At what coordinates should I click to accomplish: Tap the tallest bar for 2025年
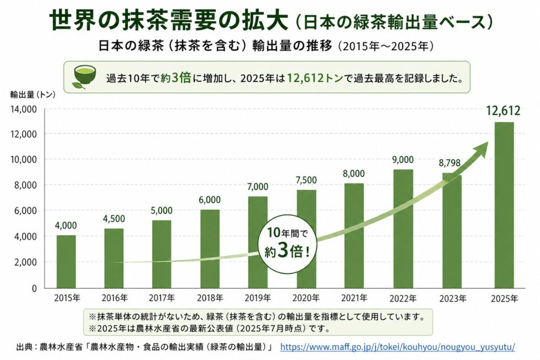(504, 205)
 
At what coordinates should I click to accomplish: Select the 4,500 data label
(114, 219)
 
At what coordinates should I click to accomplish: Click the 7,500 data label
(306, 179)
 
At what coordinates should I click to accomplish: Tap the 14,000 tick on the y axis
(23, 108)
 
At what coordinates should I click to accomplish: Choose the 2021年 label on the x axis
(354, 298)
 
